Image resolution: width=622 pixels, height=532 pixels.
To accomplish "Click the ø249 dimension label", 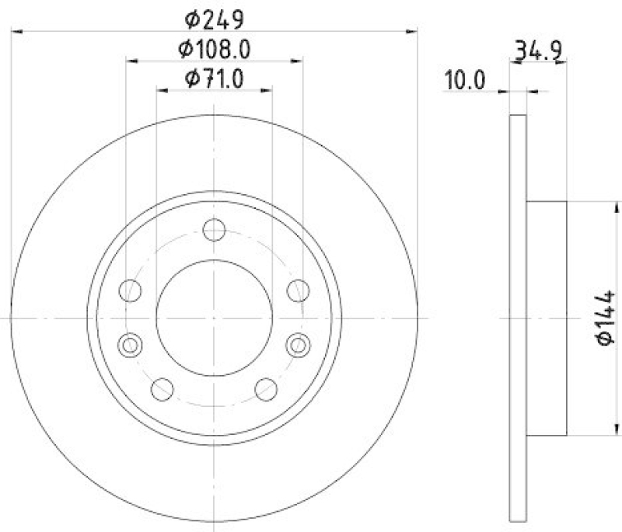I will tap(215, 17).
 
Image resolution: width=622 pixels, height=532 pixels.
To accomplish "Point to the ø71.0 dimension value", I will tap(215, 78).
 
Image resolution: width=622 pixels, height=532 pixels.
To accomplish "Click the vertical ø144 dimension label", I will tap(606, 317).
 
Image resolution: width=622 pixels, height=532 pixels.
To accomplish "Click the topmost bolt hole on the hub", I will tap(214, 230).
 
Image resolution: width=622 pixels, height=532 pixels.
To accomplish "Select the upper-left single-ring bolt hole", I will tap(130, 291).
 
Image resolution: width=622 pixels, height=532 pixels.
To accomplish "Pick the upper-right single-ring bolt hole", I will tap(298, 291).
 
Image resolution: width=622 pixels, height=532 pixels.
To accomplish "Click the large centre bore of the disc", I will tap(214, 318).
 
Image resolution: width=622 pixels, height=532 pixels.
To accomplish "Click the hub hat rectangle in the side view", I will tap(547, 318).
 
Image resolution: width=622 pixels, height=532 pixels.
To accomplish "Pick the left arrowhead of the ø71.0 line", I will tap(162, 91).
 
